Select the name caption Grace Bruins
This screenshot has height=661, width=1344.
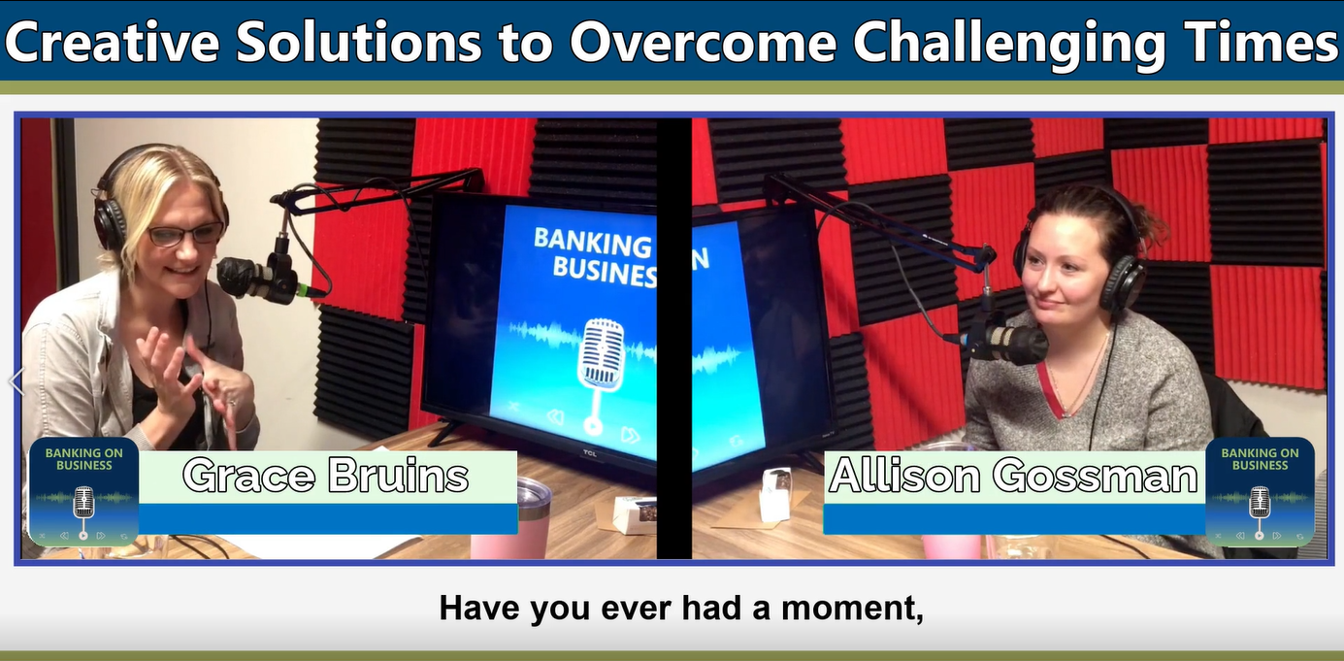[326, 477]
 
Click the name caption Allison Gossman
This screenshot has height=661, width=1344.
[1013, 477]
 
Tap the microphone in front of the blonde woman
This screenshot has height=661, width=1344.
[254, 278]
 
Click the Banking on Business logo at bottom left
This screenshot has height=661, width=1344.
[83, 492]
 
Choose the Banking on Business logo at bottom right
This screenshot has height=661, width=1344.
[1260, 492]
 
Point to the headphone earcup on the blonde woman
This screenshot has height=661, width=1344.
[110, 224]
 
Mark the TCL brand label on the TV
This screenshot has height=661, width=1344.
[590, 451]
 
